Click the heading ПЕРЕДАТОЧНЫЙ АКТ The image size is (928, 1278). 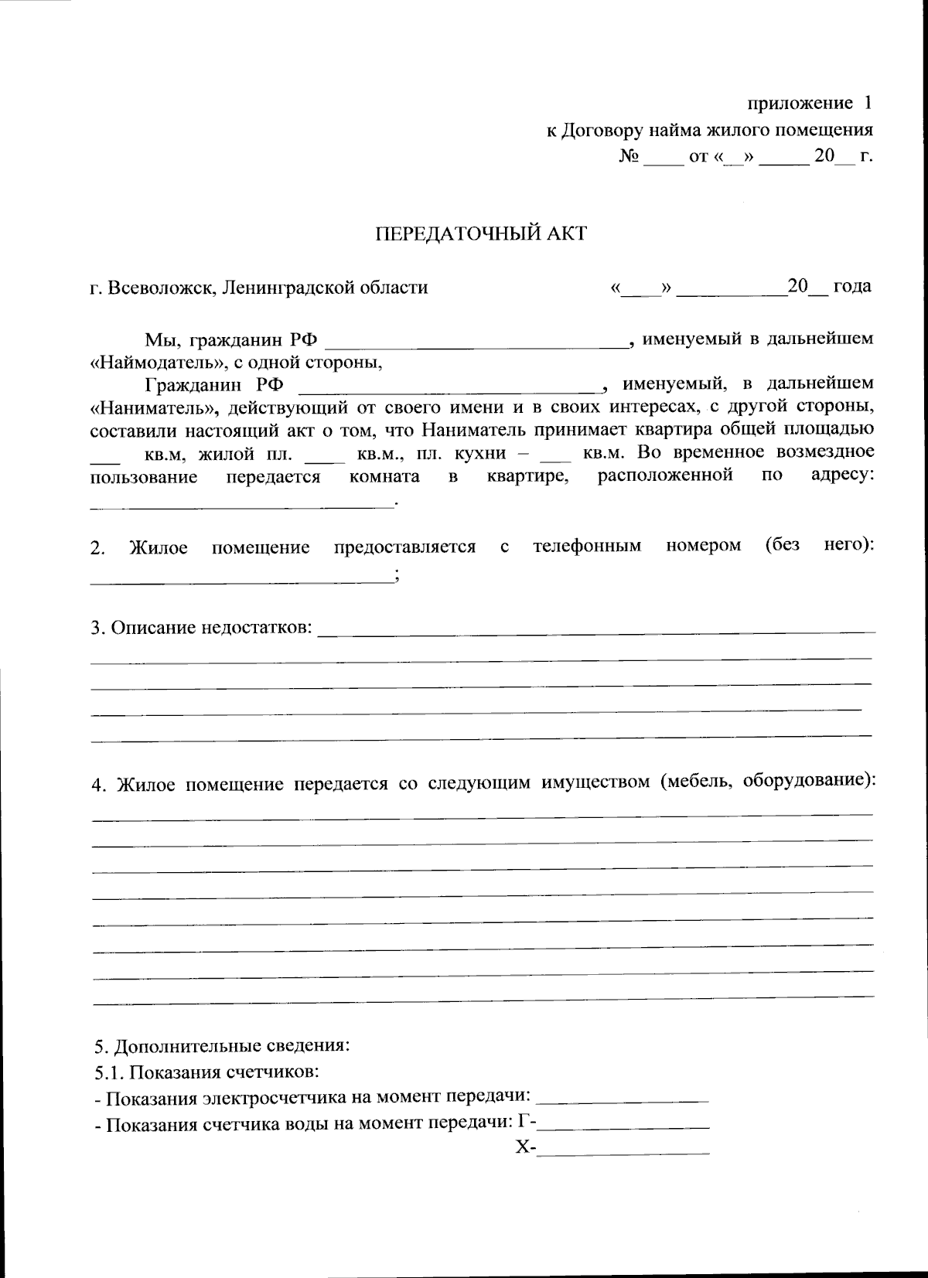[480, 233]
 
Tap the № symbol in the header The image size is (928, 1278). [628, 157]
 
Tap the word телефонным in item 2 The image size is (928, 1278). [587, 547]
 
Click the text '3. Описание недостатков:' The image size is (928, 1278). [202, 627]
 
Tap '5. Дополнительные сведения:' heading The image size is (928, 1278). [222, 1047]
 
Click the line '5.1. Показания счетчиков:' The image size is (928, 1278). [207, 1072]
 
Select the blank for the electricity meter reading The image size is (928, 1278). [622, 1098]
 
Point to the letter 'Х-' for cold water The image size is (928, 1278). [525, 1149]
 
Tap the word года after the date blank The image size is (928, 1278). [851, 287]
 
